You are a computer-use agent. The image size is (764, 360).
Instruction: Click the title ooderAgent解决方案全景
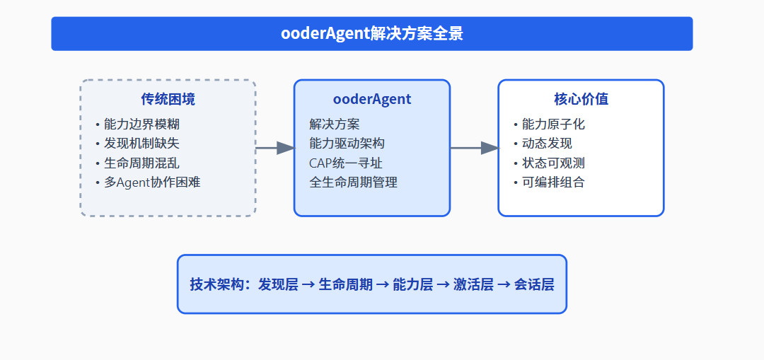pos(371,34)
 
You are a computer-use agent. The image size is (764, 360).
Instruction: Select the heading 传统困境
pos(168,99)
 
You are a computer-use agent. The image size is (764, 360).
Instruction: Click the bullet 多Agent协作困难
pos(152,182)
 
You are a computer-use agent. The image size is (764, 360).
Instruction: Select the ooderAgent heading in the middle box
pos(371,99)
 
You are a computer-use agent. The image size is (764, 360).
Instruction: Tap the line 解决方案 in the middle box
pos(335,124)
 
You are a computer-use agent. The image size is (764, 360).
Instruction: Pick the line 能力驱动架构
pos(347,144)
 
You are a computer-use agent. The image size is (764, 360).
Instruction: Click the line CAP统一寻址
pos(346,163)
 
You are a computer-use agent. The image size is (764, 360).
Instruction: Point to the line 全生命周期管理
pos(354,182)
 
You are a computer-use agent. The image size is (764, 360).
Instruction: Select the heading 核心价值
pos(581,99)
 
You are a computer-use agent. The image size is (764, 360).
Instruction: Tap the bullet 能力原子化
pos(553,124)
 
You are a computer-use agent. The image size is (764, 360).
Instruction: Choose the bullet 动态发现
pos(547,144)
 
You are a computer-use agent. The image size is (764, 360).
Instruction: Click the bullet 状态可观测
pos(553,163)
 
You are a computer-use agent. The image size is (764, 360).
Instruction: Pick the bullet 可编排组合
pos(553,182)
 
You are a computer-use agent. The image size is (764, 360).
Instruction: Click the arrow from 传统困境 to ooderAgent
pos(274,148)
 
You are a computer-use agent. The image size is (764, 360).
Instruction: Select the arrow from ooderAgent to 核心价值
pos(474,148)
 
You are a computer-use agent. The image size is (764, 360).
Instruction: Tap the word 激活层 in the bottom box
pos(473,284)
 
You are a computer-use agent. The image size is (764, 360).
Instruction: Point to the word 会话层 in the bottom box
pos(534,284)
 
